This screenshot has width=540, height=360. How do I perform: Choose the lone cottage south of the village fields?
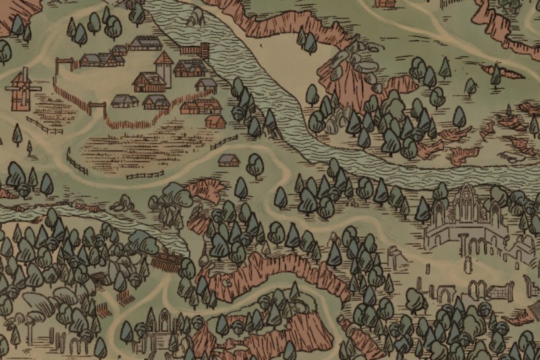pos(228,160)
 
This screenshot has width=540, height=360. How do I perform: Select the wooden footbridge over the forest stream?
pos(165,261)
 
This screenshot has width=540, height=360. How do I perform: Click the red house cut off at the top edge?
pos(385,3)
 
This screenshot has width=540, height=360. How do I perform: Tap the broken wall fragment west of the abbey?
pos(394,256)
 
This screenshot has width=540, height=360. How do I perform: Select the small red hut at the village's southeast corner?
pos(215,122)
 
